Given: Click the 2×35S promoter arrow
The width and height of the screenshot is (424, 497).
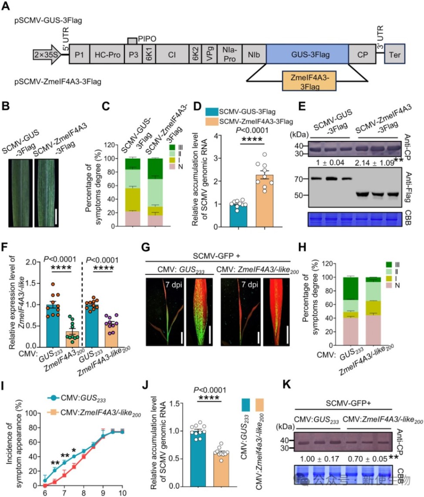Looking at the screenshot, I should (47, 54).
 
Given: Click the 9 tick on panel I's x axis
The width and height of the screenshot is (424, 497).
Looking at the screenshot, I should (103, 491).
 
